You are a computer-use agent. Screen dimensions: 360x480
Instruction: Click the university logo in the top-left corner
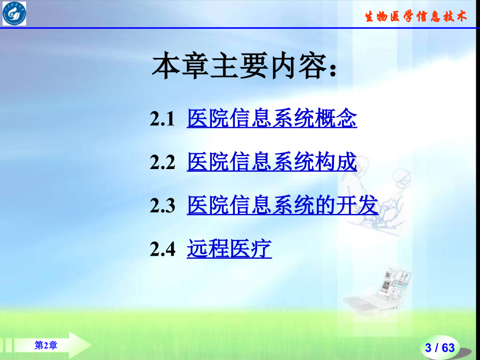coord(14,14)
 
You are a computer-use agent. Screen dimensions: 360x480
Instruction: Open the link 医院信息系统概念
coord(272,119)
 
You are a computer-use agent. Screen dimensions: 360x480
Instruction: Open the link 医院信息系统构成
coord(272,163)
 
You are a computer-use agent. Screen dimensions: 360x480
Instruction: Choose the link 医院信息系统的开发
coord(282,206)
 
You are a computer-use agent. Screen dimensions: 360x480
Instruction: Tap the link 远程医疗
coord(229,249)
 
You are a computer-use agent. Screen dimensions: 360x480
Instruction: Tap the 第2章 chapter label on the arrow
coord(46,345)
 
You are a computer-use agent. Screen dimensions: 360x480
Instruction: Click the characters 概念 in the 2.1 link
coord(336,119)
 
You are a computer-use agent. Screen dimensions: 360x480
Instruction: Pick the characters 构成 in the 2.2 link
coord(336,163)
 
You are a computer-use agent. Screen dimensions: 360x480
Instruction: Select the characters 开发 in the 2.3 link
coord(357,206)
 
